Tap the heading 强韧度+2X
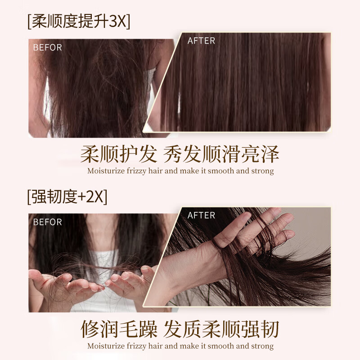[67, 196]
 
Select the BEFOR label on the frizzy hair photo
[47, 47]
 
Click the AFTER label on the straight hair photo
[201, 40]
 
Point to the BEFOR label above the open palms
[47, 222]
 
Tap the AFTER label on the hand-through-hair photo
[201, 215]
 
